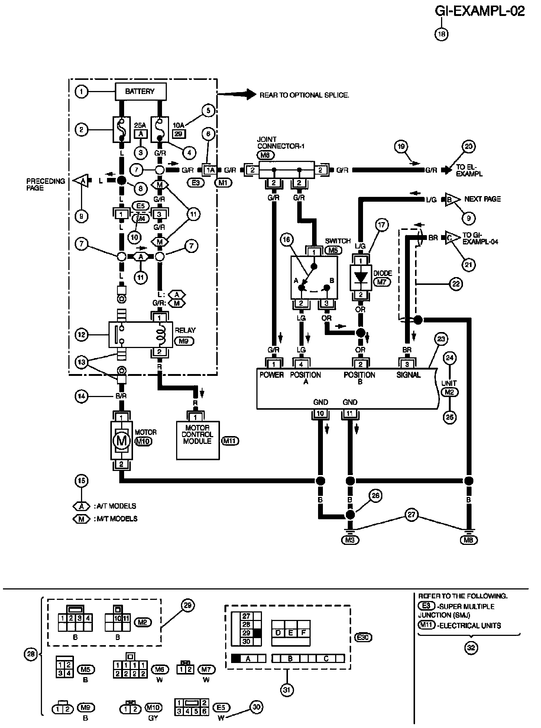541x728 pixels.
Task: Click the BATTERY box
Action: point(140,91)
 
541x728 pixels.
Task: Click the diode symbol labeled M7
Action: point(360,277)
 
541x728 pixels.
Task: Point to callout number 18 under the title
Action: point(441,34)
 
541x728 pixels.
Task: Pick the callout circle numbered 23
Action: point(442,339)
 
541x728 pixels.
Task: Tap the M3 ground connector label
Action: point(350,540)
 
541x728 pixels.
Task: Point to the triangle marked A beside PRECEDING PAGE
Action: point(81,181)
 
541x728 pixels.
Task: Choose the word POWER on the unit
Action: point(272,375)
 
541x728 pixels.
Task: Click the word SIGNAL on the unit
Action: point(408,375)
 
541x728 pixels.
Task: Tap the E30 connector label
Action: point(364,638)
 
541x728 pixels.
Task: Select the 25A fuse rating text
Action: point(140,125)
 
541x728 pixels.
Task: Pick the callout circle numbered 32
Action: point(471,647)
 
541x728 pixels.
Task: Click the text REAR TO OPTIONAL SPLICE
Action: point(304,95)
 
